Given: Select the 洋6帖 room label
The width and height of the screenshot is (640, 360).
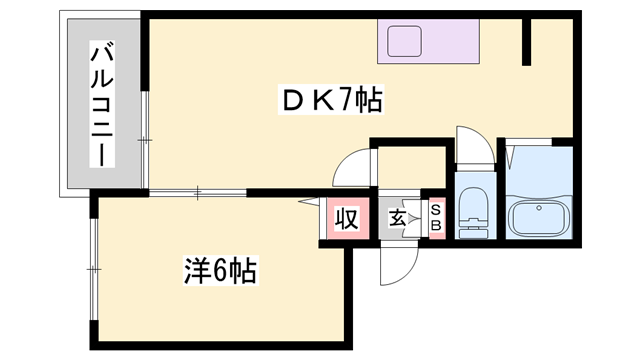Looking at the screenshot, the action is click(220, 270).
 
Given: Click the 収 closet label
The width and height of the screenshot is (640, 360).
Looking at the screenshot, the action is click(346, 218).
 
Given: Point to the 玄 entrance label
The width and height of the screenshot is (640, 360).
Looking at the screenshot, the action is click(397, 218).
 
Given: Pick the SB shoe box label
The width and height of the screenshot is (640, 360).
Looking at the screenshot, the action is click(436, 218).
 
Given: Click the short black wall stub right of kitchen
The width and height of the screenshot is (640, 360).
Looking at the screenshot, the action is click(526, 41).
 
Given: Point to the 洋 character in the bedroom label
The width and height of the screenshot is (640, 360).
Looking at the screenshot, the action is click(196, 270).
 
